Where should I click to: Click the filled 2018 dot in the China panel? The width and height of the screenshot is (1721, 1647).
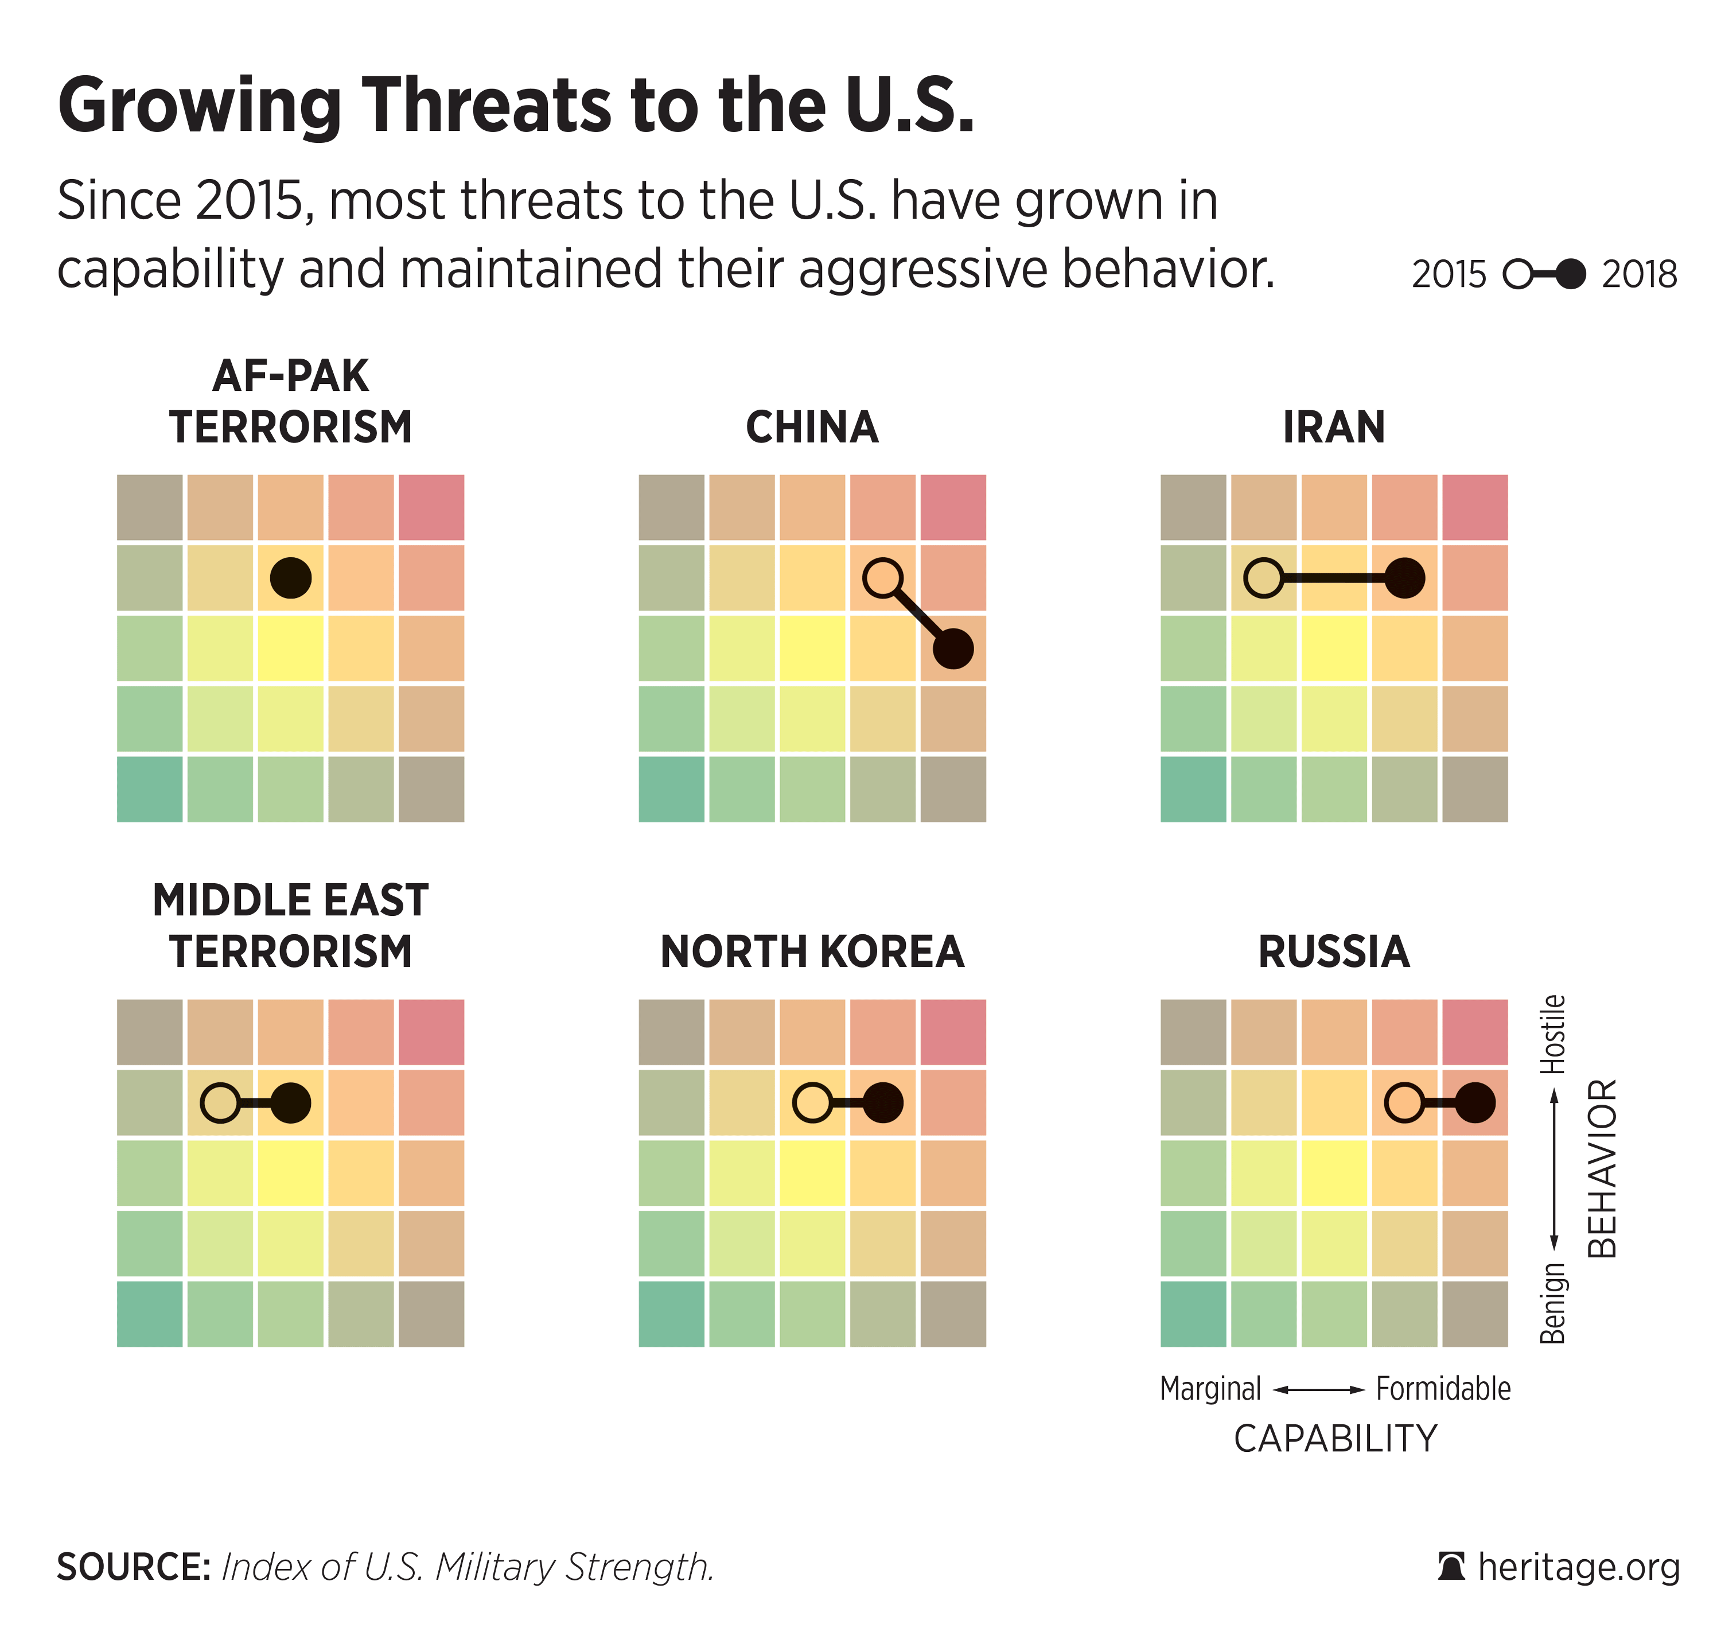coord(953,649)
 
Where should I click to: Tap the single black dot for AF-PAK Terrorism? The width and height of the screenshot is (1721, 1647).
coord(290,578)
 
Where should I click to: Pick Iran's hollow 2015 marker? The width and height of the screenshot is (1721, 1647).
coord(1264,578)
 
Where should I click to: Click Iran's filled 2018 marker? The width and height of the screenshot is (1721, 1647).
coord(1404,578)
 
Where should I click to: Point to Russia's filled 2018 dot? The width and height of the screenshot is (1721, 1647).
coord(1475,1102)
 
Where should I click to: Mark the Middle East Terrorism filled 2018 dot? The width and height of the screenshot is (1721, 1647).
coord(290,1102)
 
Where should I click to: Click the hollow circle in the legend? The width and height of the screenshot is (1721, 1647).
coord(1518,274)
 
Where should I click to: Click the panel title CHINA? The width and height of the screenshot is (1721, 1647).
coord(812,428)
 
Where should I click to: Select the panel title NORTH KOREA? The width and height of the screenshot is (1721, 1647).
coord(812,951)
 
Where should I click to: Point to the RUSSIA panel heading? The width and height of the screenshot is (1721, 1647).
coord(1334,951)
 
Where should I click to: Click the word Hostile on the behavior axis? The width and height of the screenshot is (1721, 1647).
coord(1552,1034)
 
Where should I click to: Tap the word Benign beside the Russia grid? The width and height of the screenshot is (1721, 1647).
coord(1552,1303)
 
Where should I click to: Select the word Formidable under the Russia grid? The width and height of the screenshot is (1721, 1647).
coord(1443,1389)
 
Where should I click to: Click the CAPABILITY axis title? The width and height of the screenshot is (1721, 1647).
coord(1335,1439)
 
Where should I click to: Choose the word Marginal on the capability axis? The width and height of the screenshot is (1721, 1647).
coord(1210,1389)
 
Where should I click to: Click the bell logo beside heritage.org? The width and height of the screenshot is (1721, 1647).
coord(1451,1567)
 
